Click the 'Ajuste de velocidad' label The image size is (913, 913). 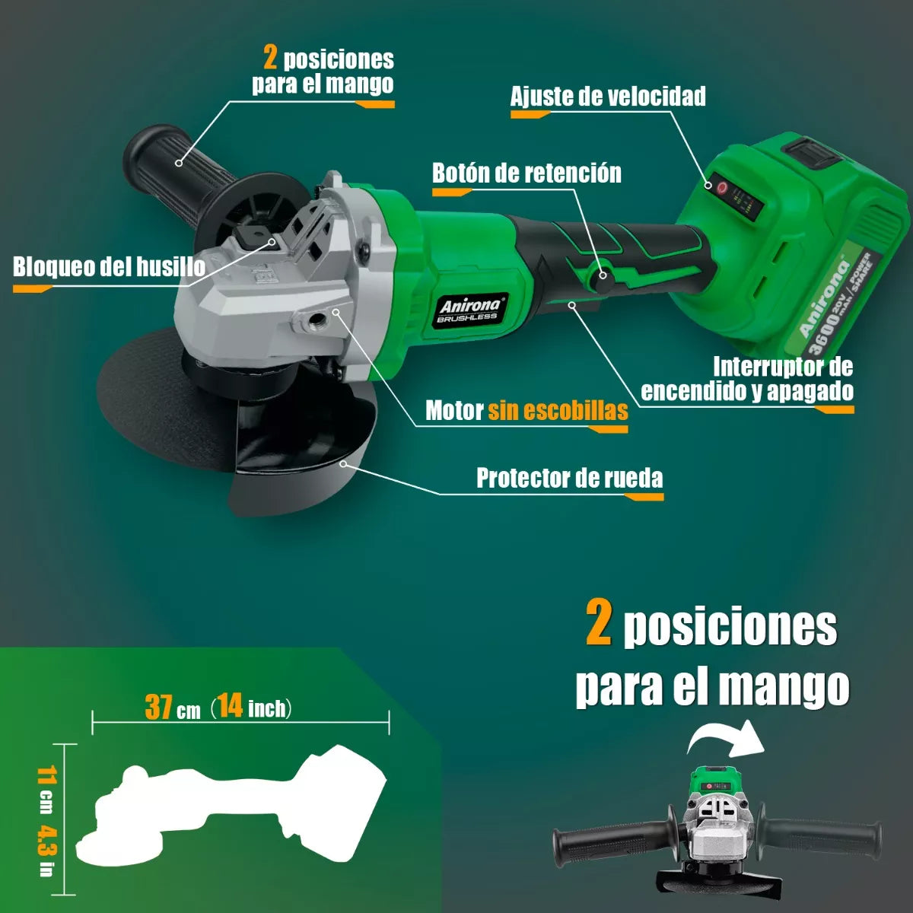(608, 97)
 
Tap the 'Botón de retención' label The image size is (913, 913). (526, 173)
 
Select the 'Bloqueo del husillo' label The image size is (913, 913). (109, 267)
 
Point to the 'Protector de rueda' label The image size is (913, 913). (569, 479)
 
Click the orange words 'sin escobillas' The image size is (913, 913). (558, 411)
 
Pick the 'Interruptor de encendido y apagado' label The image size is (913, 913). (746, 379)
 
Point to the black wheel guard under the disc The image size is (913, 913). (304, 449)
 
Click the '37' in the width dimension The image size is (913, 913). (159, 707)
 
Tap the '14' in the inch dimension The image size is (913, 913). (230, 706)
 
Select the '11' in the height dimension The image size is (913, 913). (47, 777)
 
